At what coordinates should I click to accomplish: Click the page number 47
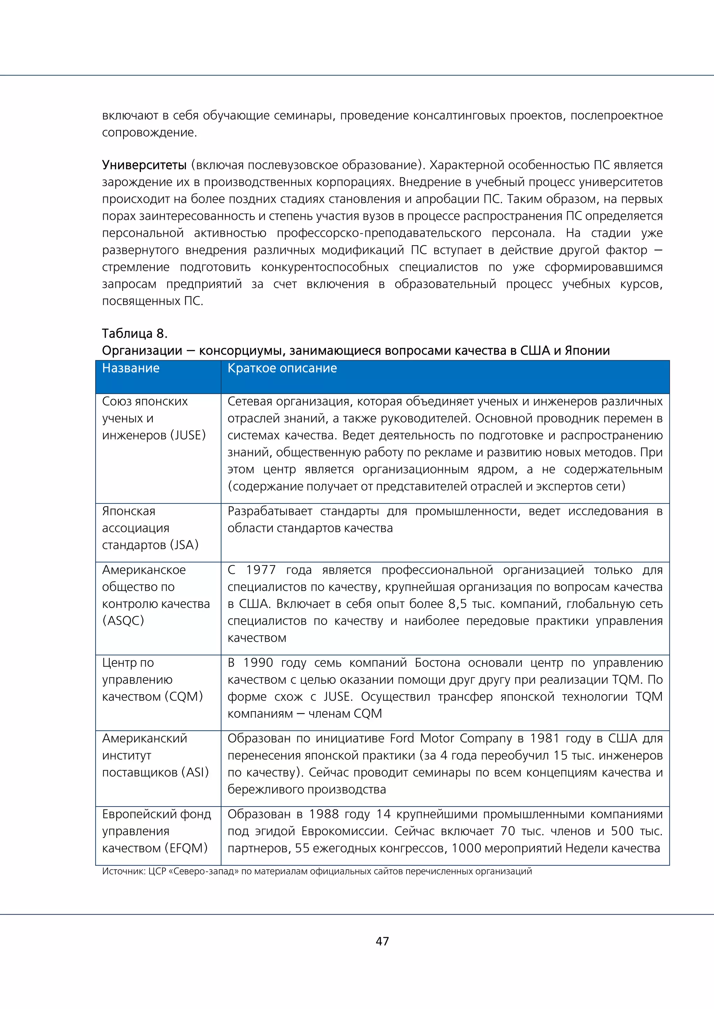(x=382, y=941)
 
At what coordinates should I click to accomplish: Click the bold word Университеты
(x=144, y=165)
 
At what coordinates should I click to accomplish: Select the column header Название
(x=131, y=368)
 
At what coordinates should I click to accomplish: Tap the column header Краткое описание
(x=282, y=368)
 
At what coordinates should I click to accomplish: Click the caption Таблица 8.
(x=135, y=333)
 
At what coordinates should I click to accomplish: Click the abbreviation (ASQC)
(x=123, y=621)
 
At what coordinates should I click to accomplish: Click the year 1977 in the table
(x=261, y=570)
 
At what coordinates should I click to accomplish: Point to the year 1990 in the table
(x=258, y=663)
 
